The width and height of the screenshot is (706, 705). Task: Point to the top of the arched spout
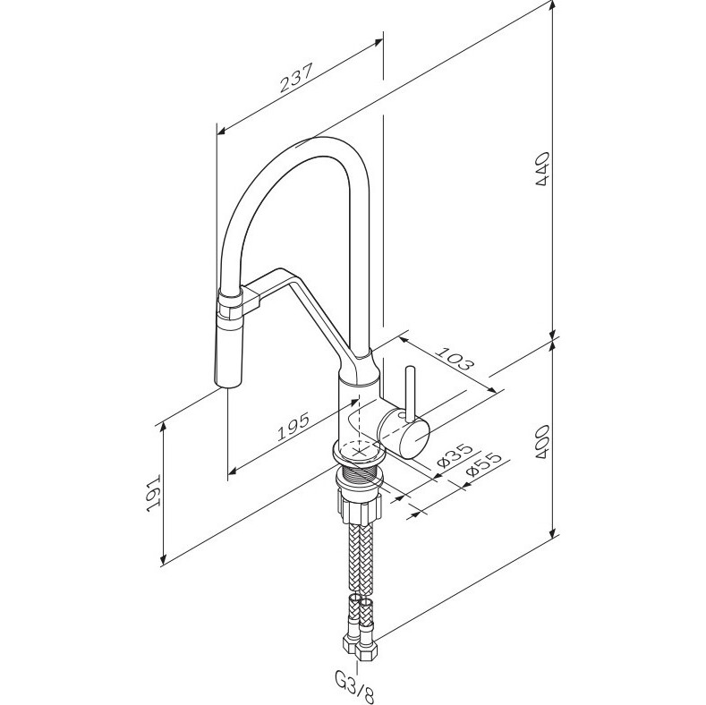322,143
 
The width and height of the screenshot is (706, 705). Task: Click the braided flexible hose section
362,555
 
